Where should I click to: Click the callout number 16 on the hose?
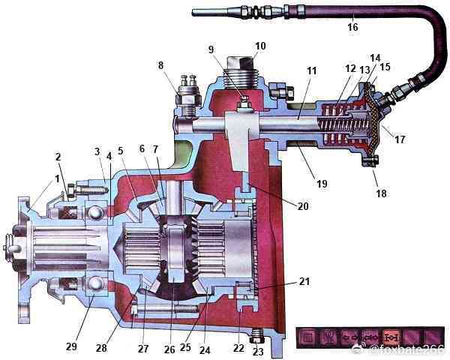pos(352,28)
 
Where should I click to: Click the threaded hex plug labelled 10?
pos(242,70)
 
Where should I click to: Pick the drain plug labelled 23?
pos(256,332)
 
